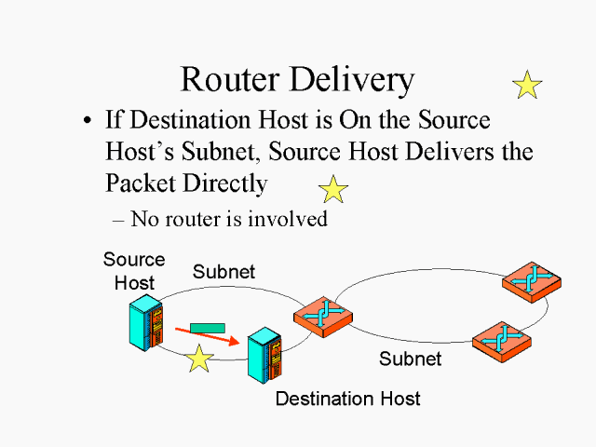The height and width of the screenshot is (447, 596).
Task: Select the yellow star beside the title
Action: coord(527,85)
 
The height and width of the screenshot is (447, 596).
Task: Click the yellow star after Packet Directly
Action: coord(332,189)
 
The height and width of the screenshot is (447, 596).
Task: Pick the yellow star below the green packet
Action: coord(198,358)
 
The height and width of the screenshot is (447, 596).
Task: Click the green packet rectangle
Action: coord(207,327)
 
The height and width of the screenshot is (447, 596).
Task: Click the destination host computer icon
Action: coord(264,354)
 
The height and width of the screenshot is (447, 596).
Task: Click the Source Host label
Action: coord(134,271)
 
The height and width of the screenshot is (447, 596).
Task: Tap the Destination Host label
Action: coord(347,399)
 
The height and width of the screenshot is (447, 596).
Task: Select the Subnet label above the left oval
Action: coord(223,272)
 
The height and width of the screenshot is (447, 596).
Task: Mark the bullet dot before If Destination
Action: coord(88,122)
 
